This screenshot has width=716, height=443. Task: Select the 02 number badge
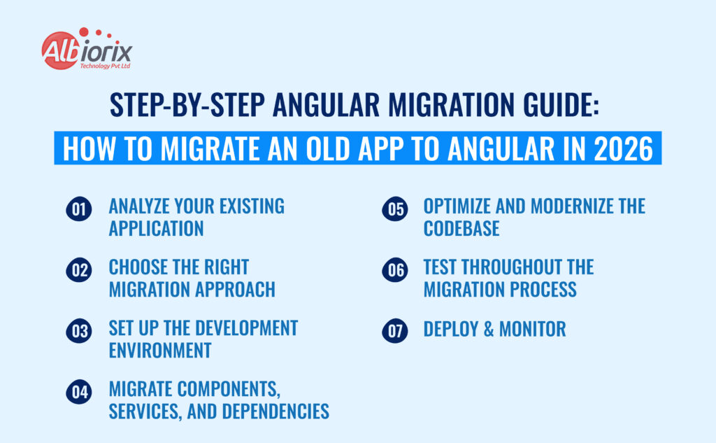(x=79, y=271)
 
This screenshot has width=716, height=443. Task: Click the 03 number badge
(x=79, y=331)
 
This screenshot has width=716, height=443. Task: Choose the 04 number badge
(x=79, y=392)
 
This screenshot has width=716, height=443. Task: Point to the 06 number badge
(x=394, y=271)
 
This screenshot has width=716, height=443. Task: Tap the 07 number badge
(x=394, y=331)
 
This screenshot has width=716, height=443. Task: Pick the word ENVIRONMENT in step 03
(x=160, y=350)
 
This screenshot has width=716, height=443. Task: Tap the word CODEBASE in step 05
(x=461, y=228)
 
